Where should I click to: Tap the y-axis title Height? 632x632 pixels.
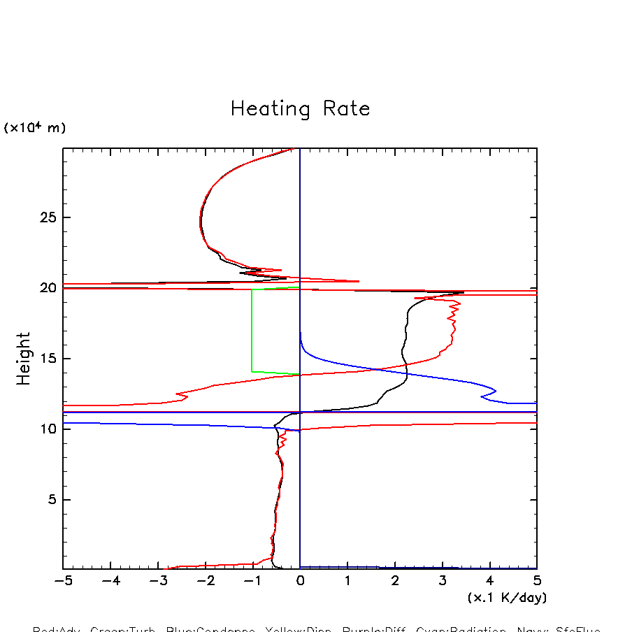(24, 359)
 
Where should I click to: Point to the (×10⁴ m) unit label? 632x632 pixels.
(35, 128)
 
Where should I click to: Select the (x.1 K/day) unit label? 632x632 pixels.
(507, 598)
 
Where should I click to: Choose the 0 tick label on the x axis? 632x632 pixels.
(300, 582)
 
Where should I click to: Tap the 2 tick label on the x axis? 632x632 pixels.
(395, 582)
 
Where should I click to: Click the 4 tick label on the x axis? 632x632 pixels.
(489, 582)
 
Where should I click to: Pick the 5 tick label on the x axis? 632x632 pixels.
(537, 582)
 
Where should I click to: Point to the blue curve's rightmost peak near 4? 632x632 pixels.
(496, 390)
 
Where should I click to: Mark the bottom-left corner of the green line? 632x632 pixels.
(252, 371)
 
